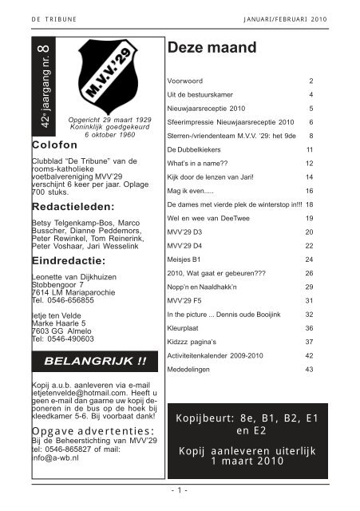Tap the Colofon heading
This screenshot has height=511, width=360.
coord(54,145)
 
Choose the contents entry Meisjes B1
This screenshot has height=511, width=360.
coord(186,259)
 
